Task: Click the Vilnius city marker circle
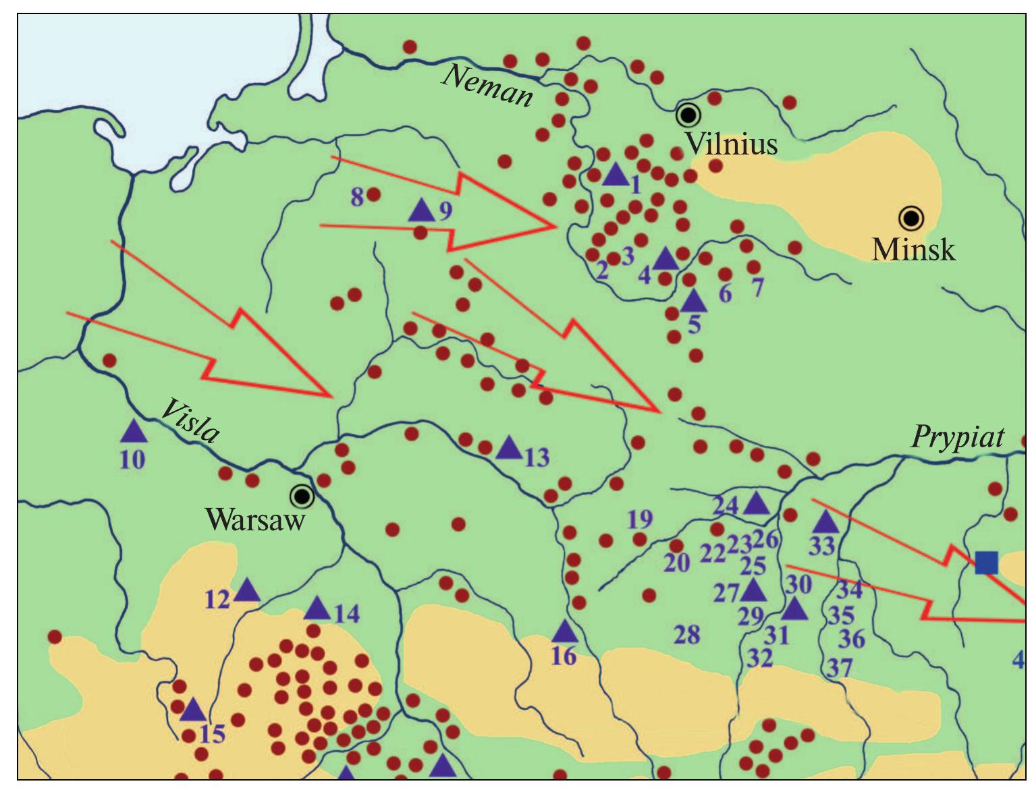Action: pyautogui.click(x=688, y=115)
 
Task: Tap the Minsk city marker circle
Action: pyautogui.click(x=911, y=219)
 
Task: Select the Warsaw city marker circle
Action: pyautogui.click(x=302, y=497)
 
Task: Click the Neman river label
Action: pyautogui.click(x=487, y=86)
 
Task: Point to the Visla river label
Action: pyautogui.click(x=190, y=422)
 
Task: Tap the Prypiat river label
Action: pyautogui.click(x=958, y=437)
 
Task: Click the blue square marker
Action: pyautogui.click(x=986, y=562)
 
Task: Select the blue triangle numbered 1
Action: pyautogui.click(x=615, y=175)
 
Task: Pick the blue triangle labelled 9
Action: pyautogui.click(x=422, y=210)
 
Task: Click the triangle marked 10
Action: pyautogui.click(x=134, y=430)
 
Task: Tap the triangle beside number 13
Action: pyautogui.click(x=509, y=447)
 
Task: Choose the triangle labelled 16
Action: pyautogui.click(x=565, y=632)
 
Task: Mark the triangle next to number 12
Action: pyautogui.click(x=247, y=591)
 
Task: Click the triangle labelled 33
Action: pyautogui.click(x=825, y=522)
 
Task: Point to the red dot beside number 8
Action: pyautogui.click(x=373, y=195)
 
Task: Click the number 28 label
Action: pyautogui.click(x=687, y=635)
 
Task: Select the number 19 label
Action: pyautogui.click(x=640, y=519)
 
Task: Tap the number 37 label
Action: pyautogui.click(x=840, y=669)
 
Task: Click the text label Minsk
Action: pyautogui.click(x=913, y=250)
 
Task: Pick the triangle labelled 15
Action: pyautogui.click(x=193, y=710)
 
